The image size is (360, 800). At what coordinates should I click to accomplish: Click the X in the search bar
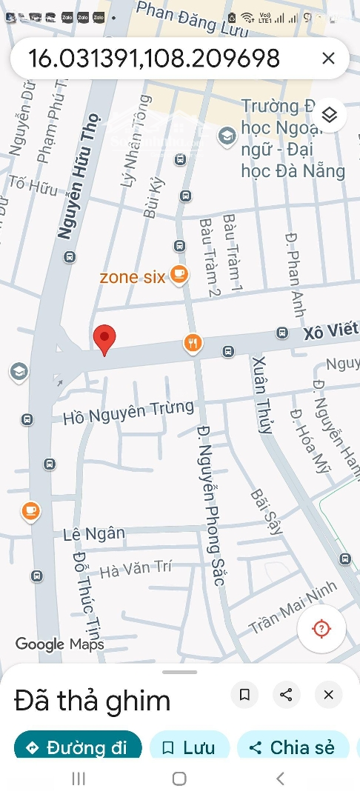(x=328, y=59)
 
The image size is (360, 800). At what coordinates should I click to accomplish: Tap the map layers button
(x=330, y=115)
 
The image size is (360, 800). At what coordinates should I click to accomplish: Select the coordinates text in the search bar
(x=154, y=59)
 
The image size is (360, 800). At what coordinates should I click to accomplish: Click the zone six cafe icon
(x=179, y=276)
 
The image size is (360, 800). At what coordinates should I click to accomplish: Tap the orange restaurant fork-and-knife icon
(x=193, y=342)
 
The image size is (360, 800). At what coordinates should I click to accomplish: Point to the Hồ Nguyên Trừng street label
(x=128, y=412)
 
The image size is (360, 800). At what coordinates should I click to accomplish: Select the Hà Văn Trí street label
(x=136, y=569)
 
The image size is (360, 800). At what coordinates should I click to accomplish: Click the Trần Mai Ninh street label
(x=293, y=607)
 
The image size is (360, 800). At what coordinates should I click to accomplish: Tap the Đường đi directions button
(x=78, y=747)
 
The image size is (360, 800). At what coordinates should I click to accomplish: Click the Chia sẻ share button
(x=293, y=747)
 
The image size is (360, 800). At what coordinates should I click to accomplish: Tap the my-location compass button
(x=321, y=629)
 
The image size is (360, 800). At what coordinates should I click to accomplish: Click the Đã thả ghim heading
(x=93, y=701)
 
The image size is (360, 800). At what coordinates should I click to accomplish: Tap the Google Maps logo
(x=60, y=644)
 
